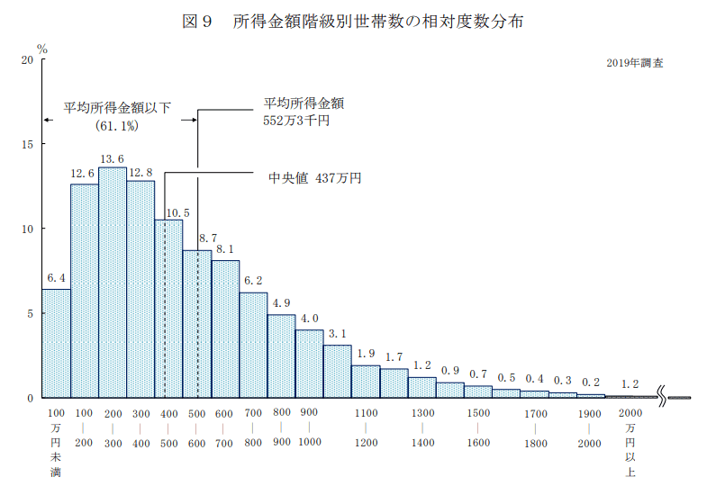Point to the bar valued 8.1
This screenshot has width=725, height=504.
[225, 328]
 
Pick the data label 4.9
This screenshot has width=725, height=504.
[282, 302]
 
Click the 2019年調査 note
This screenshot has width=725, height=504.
[636, 65]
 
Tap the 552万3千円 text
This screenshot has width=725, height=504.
[296, 120]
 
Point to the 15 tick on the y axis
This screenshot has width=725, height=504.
[27, 144]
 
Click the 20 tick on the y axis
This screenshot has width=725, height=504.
[27, 59]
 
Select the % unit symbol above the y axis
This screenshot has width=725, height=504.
[41, 47]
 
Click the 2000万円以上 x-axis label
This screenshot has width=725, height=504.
[630, 441]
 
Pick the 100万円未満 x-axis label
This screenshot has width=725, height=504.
[55, 442]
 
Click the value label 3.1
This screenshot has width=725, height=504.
[338, 333]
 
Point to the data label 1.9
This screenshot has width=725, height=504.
[367, 353]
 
